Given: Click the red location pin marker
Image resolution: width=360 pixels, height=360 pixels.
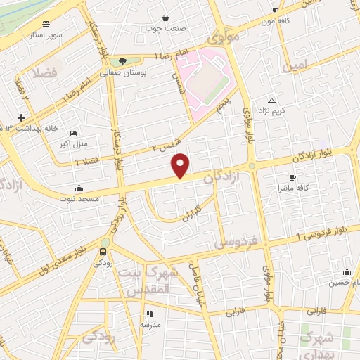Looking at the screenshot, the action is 181,165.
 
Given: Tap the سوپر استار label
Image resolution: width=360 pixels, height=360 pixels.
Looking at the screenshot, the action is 48,34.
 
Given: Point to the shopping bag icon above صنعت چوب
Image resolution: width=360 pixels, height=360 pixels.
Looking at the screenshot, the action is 165,18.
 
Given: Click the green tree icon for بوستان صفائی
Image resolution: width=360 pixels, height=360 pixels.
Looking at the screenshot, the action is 124,61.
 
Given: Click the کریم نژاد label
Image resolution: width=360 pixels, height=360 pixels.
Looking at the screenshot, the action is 272,110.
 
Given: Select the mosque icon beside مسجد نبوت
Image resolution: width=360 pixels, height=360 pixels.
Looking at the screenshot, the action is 79,188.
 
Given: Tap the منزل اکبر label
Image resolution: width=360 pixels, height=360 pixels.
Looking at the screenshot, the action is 70,144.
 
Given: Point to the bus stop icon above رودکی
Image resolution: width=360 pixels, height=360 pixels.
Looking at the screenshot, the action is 103,252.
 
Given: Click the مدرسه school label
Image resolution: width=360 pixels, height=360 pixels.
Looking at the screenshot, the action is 149,325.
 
